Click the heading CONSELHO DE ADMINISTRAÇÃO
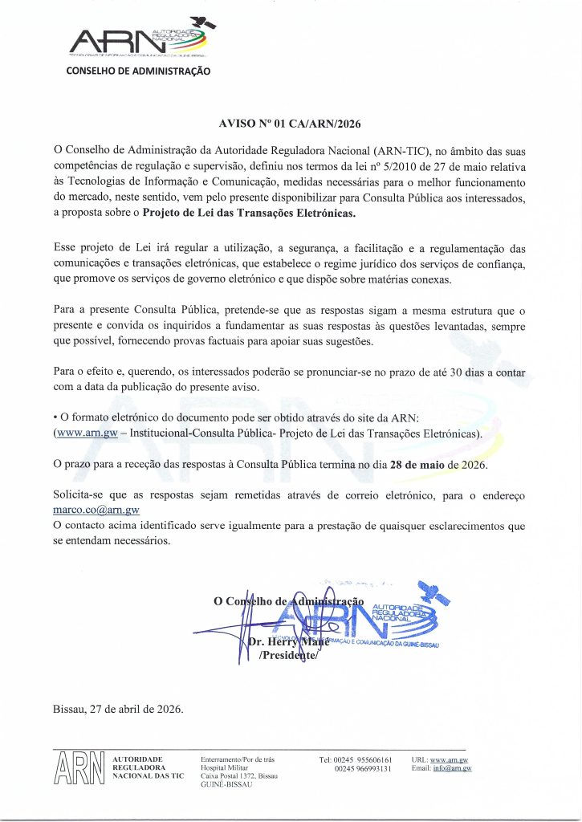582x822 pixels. pyautogui.click(x=138, y=71)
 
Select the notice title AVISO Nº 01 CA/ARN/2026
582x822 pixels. pyautogui.click(x=291, y=124)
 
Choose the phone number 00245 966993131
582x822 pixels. pyautogui.click(x=364, y=769)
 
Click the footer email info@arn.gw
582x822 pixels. pyautogui.click(x=452, y=769)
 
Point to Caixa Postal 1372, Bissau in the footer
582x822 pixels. pyautogui.click(x=238, y=777)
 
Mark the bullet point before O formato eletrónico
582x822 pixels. pyautogui.click(x=55, y=419)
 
